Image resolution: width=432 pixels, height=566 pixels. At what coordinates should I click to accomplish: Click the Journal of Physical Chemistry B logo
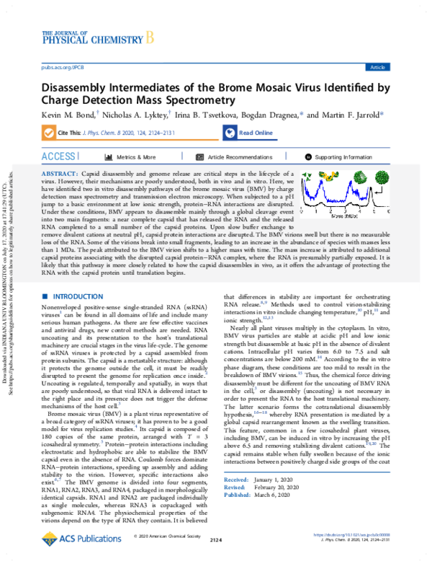point(98,36)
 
